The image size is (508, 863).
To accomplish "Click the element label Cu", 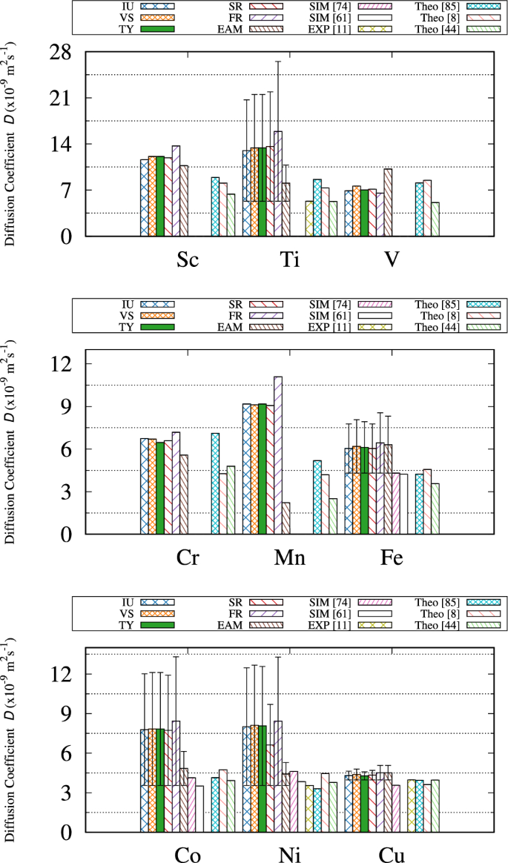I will (x=392, y=855).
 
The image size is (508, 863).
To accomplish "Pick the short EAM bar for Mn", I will (x=286, y=518).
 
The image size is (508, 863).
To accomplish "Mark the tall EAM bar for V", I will (x=388, y=202).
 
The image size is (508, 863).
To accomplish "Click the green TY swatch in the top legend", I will (x=158, y=29).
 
